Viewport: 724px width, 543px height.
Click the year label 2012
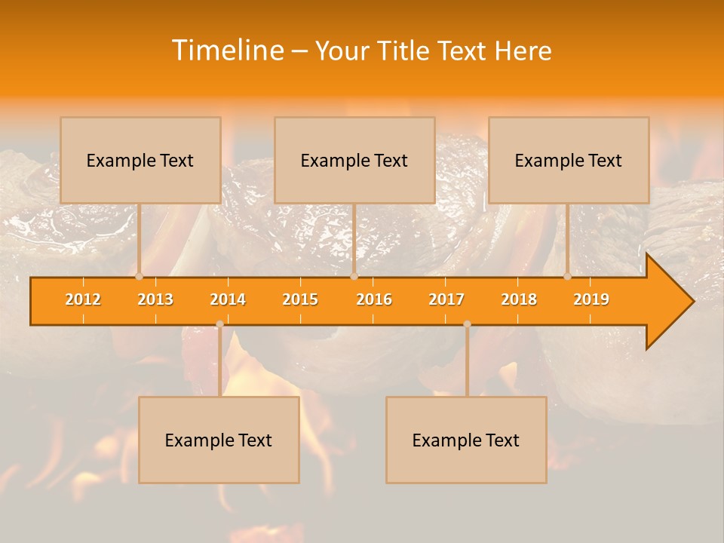tap(83, 299)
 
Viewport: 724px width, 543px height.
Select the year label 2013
tap(155, 299)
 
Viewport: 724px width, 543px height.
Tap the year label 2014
tap(228, 299)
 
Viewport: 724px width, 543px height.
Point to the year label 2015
tap(300, 299)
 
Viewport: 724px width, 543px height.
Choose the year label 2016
tap(374, 299)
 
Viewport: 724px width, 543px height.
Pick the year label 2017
tap(446, 299)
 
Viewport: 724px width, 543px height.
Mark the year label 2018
tap(519, 299)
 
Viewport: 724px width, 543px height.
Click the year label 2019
tap(591, 299)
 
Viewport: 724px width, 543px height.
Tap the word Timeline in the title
tap(227, 51)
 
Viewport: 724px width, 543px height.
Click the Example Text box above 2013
tap(140, 160)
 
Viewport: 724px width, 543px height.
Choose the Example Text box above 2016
tap(354, 160)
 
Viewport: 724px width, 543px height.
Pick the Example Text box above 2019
tap(569, 160)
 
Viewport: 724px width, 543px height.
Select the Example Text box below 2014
tap(219, 440)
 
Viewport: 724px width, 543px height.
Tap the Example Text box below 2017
tap(466, 440)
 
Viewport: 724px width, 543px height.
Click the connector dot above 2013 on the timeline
tap(140, 276)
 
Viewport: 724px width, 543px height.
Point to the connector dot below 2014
tap(219, 324)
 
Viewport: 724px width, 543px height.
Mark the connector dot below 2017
tap(467, 324)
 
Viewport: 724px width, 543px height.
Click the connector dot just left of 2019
tap(568, 276)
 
